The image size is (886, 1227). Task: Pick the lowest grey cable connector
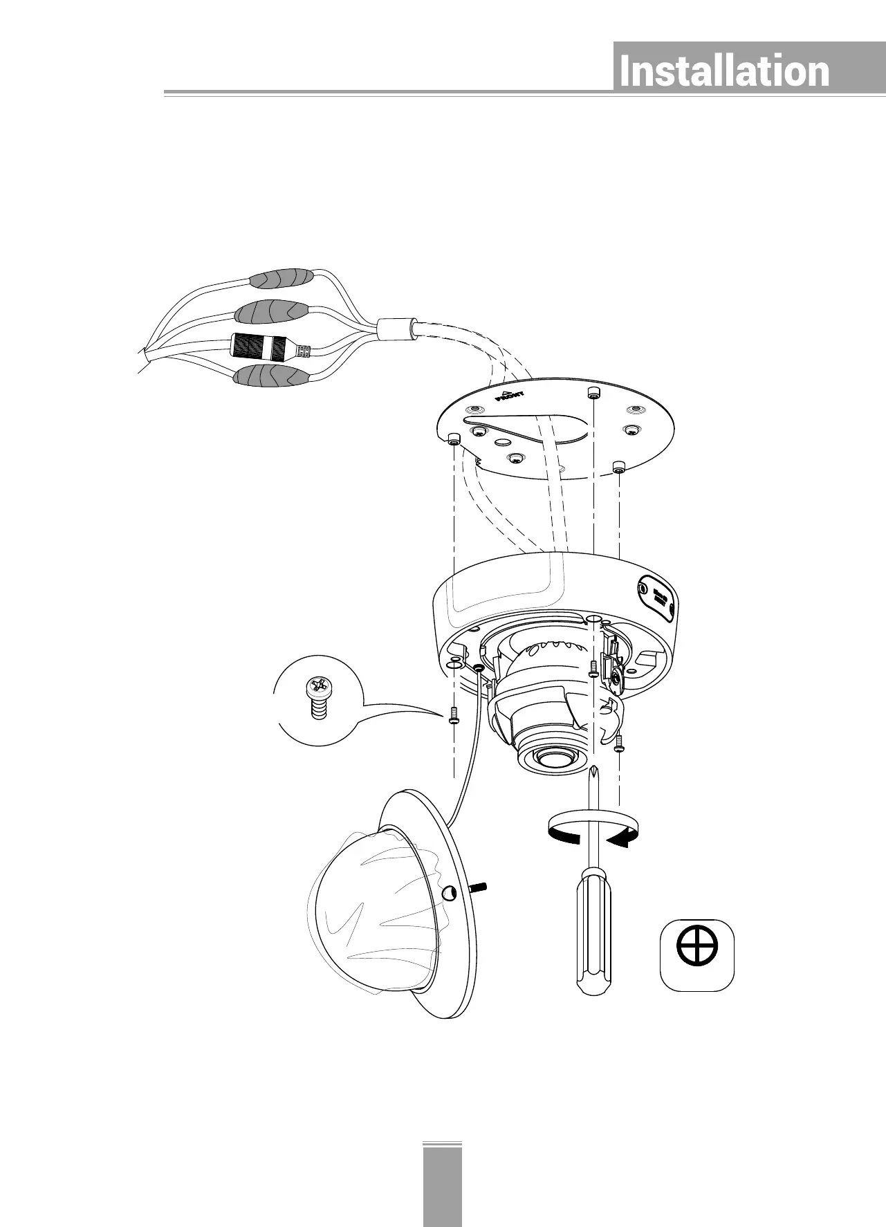point(271,377)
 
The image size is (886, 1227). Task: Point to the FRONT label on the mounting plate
point(510,396)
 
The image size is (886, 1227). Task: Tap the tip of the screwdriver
point(593,770)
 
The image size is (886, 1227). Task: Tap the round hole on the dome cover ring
point(448,895)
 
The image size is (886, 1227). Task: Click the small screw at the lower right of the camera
point(620,743)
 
